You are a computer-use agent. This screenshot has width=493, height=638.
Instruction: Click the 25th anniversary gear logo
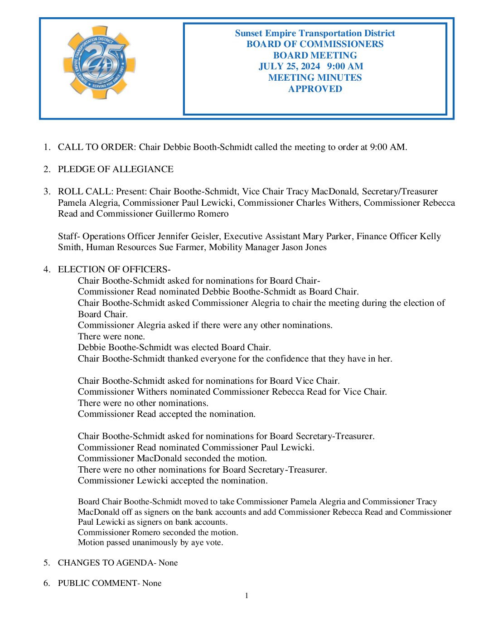click(99, 63)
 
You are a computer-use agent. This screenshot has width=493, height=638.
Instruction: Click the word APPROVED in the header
click(315, 89)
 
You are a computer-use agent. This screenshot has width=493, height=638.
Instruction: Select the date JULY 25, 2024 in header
click(289, 67)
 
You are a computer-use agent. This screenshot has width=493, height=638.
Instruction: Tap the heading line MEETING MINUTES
click(315, 77)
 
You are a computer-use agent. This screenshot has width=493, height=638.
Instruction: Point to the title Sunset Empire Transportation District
click(315, 33)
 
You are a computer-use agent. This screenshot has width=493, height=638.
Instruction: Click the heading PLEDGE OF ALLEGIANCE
click(116, 169)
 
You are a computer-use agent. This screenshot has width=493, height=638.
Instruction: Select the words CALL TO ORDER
click(96, 147)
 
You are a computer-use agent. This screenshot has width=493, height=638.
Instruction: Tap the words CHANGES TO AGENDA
click(106, 563)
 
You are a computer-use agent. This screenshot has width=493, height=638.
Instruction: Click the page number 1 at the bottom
click(246, 595)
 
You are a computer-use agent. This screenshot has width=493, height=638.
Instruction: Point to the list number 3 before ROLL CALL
click(47, 192)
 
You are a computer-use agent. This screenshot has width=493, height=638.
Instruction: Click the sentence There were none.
click(111, 336)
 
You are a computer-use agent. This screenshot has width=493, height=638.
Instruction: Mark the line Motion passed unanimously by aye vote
click(150, 542)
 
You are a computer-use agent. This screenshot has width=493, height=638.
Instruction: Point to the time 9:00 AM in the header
click(345, 67)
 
